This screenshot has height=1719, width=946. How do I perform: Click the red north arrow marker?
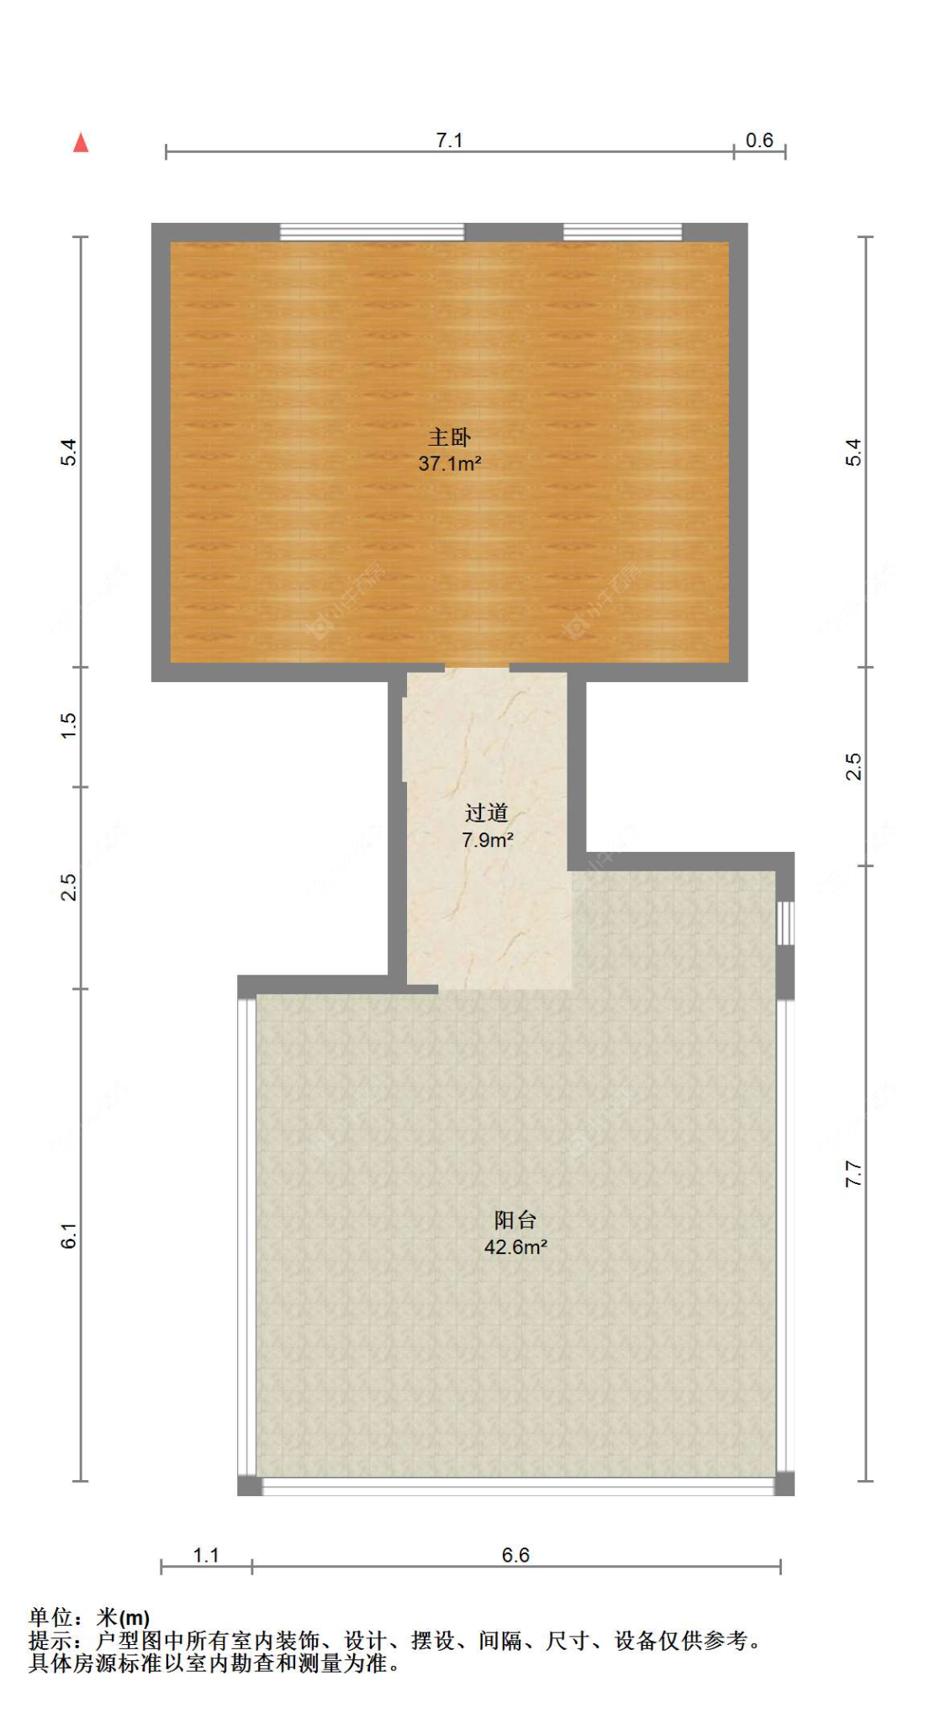(81, 143)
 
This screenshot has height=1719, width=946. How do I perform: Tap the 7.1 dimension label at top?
(449, 140)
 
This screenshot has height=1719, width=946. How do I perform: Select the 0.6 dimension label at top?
(758, 140)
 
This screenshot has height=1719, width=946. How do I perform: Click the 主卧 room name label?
(449, 436)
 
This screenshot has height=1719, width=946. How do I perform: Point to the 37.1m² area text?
(449, 463)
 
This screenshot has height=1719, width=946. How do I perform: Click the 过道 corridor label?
(486, 812)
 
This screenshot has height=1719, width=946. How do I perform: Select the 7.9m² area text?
(487, 839)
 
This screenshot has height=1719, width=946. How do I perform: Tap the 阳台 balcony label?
(515, 1219)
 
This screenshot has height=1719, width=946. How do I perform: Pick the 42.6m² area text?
(515, 1246)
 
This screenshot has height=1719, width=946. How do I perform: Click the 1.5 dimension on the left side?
(69, 725)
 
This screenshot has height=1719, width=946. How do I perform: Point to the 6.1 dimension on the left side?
(69, 1235)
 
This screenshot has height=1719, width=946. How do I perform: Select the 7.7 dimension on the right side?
(853, 1173)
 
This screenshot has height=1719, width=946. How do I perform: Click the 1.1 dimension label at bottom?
(206, 1555)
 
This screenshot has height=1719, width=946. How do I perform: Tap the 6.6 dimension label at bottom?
(515, 1555)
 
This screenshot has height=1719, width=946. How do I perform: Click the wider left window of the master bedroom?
(372, 232)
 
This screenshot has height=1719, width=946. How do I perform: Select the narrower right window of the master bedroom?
(621, 232)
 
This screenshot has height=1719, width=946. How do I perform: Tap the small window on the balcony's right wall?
(785, 923)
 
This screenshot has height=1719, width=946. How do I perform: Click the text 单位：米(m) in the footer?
(89, 1617)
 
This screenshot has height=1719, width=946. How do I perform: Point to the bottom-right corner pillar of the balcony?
(784, 1484)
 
